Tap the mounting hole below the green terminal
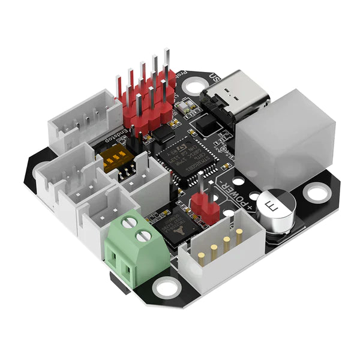click(x=163, y=289)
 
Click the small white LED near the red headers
click(x=186, y=108)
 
